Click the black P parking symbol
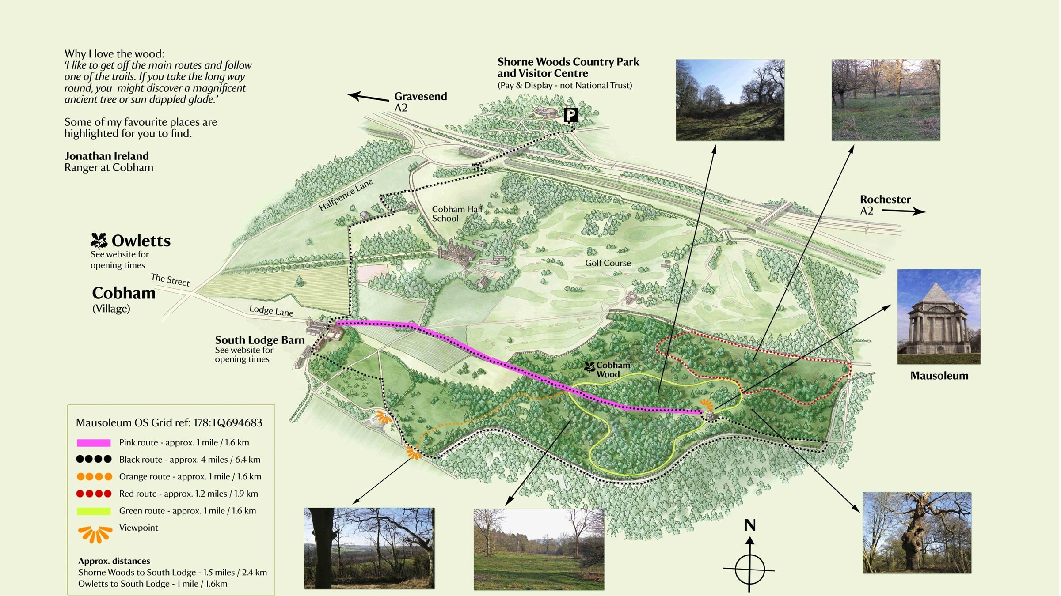(570, 115)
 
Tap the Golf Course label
(608, 263)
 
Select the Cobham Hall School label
(456, 214)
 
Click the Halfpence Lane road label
(346, 195)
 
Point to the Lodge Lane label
(271, 310)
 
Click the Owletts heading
(141, 241)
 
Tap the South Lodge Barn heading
(260, 340)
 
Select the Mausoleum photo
(939, 317)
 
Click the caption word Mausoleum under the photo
(939, 376)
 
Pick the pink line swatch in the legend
(94, 443)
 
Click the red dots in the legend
(94, 494)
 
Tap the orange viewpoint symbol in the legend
(95, 534)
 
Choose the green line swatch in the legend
(94, 511)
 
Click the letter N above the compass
(750, 525)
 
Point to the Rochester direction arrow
(903, 211)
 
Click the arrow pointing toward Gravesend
(368, 97)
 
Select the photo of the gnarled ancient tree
(917, 533)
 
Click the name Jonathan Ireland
(106, 156)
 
